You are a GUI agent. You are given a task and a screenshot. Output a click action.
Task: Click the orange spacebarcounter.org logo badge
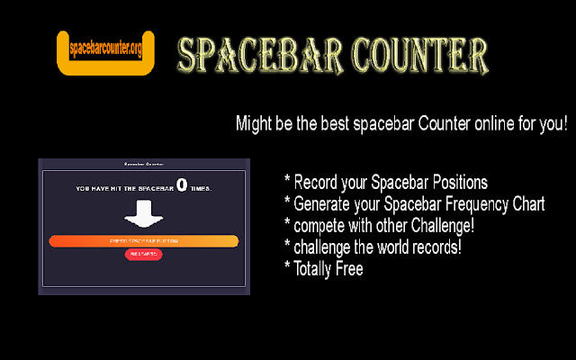tap(105, 53)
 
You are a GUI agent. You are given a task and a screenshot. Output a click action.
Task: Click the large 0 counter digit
tap(182, 185)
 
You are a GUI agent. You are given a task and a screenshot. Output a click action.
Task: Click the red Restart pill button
tap(143, 255)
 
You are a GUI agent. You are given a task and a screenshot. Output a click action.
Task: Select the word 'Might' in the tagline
tap(255, 123)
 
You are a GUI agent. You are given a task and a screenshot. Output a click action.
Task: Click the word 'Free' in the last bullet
tap(348, 268)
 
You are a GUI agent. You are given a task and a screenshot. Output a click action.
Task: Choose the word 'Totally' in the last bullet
tap(313, 268)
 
